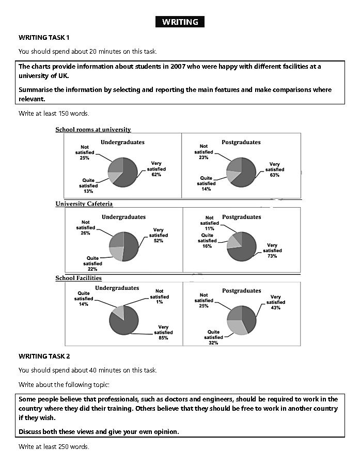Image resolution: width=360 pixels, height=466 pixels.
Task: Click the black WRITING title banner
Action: [180, 22]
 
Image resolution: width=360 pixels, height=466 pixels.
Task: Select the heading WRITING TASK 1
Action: [44, 37]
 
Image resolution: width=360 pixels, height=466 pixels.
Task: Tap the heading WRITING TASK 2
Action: [44, 356]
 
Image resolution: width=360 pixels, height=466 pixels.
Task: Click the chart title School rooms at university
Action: [93, 130]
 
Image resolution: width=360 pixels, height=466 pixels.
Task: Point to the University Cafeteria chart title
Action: [84, 204]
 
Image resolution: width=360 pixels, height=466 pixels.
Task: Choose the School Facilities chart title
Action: [79, 278]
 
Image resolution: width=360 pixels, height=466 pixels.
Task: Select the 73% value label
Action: [272, 256]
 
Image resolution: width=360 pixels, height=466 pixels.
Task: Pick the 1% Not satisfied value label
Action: [160, 302]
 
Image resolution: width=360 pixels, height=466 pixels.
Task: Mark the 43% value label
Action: [274, 308]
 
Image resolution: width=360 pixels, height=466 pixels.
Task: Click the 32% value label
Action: [213, 343]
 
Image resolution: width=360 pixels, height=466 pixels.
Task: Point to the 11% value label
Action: [209, 228]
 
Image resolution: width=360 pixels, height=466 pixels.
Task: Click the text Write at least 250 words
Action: [54, 446]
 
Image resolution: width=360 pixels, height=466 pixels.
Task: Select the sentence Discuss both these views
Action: [99, 431]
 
